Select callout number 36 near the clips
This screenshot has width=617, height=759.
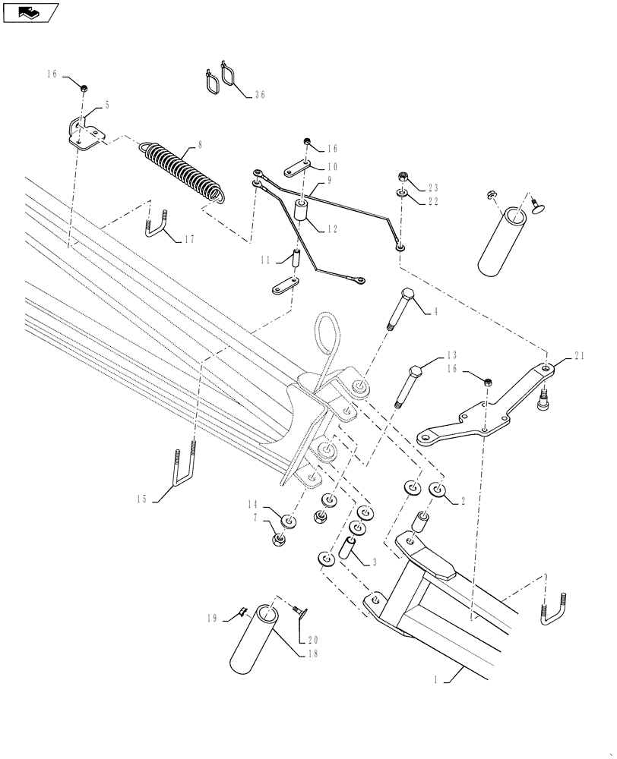click(x=260, y=96)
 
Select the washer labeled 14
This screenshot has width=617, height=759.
click(x=288, y=521)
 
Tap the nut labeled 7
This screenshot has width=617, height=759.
click(x=278, y=540)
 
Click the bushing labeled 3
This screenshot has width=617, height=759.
click(x=350, y=548)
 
